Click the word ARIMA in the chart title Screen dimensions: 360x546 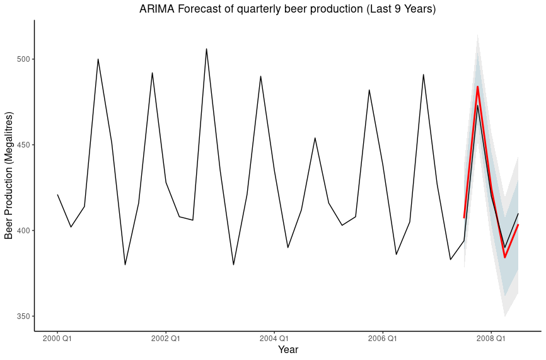157,9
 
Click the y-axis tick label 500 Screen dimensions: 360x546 23,59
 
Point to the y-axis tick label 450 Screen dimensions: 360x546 23,145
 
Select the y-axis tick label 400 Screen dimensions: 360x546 23,231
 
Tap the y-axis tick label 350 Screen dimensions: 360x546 23,316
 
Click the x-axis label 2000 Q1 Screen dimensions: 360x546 57,339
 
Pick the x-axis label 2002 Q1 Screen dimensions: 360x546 166,339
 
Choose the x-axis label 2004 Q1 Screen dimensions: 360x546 274,339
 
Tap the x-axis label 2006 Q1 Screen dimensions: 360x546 383,339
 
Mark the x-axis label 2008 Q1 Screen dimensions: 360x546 491,339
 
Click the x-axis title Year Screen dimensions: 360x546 288,350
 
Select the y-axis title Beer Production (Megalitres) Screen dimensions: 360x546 9,175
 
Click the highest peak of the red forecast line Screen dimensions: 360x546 477,87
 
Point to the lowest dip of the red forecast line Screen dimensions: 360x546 504,257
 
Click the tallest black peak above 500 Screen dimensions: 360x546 206,49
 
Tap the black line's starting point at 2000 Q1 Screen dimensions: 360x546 57,195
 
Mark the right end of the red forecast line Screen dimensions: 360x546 518,224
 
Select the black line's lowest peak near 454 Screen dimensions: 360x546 315,138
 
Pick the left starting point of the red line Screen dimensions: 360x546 464,218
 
